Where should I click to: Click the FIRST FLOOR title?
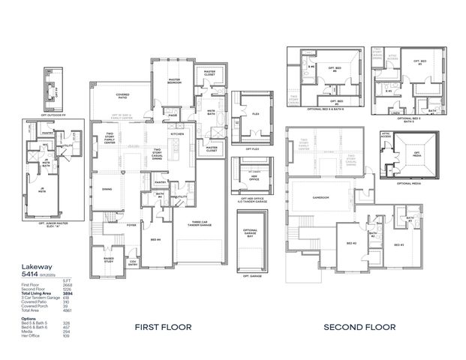pos(163,327)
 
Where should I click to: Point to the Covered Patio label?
pos(122,95)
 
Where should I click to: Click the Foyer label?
pos(131,223)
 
